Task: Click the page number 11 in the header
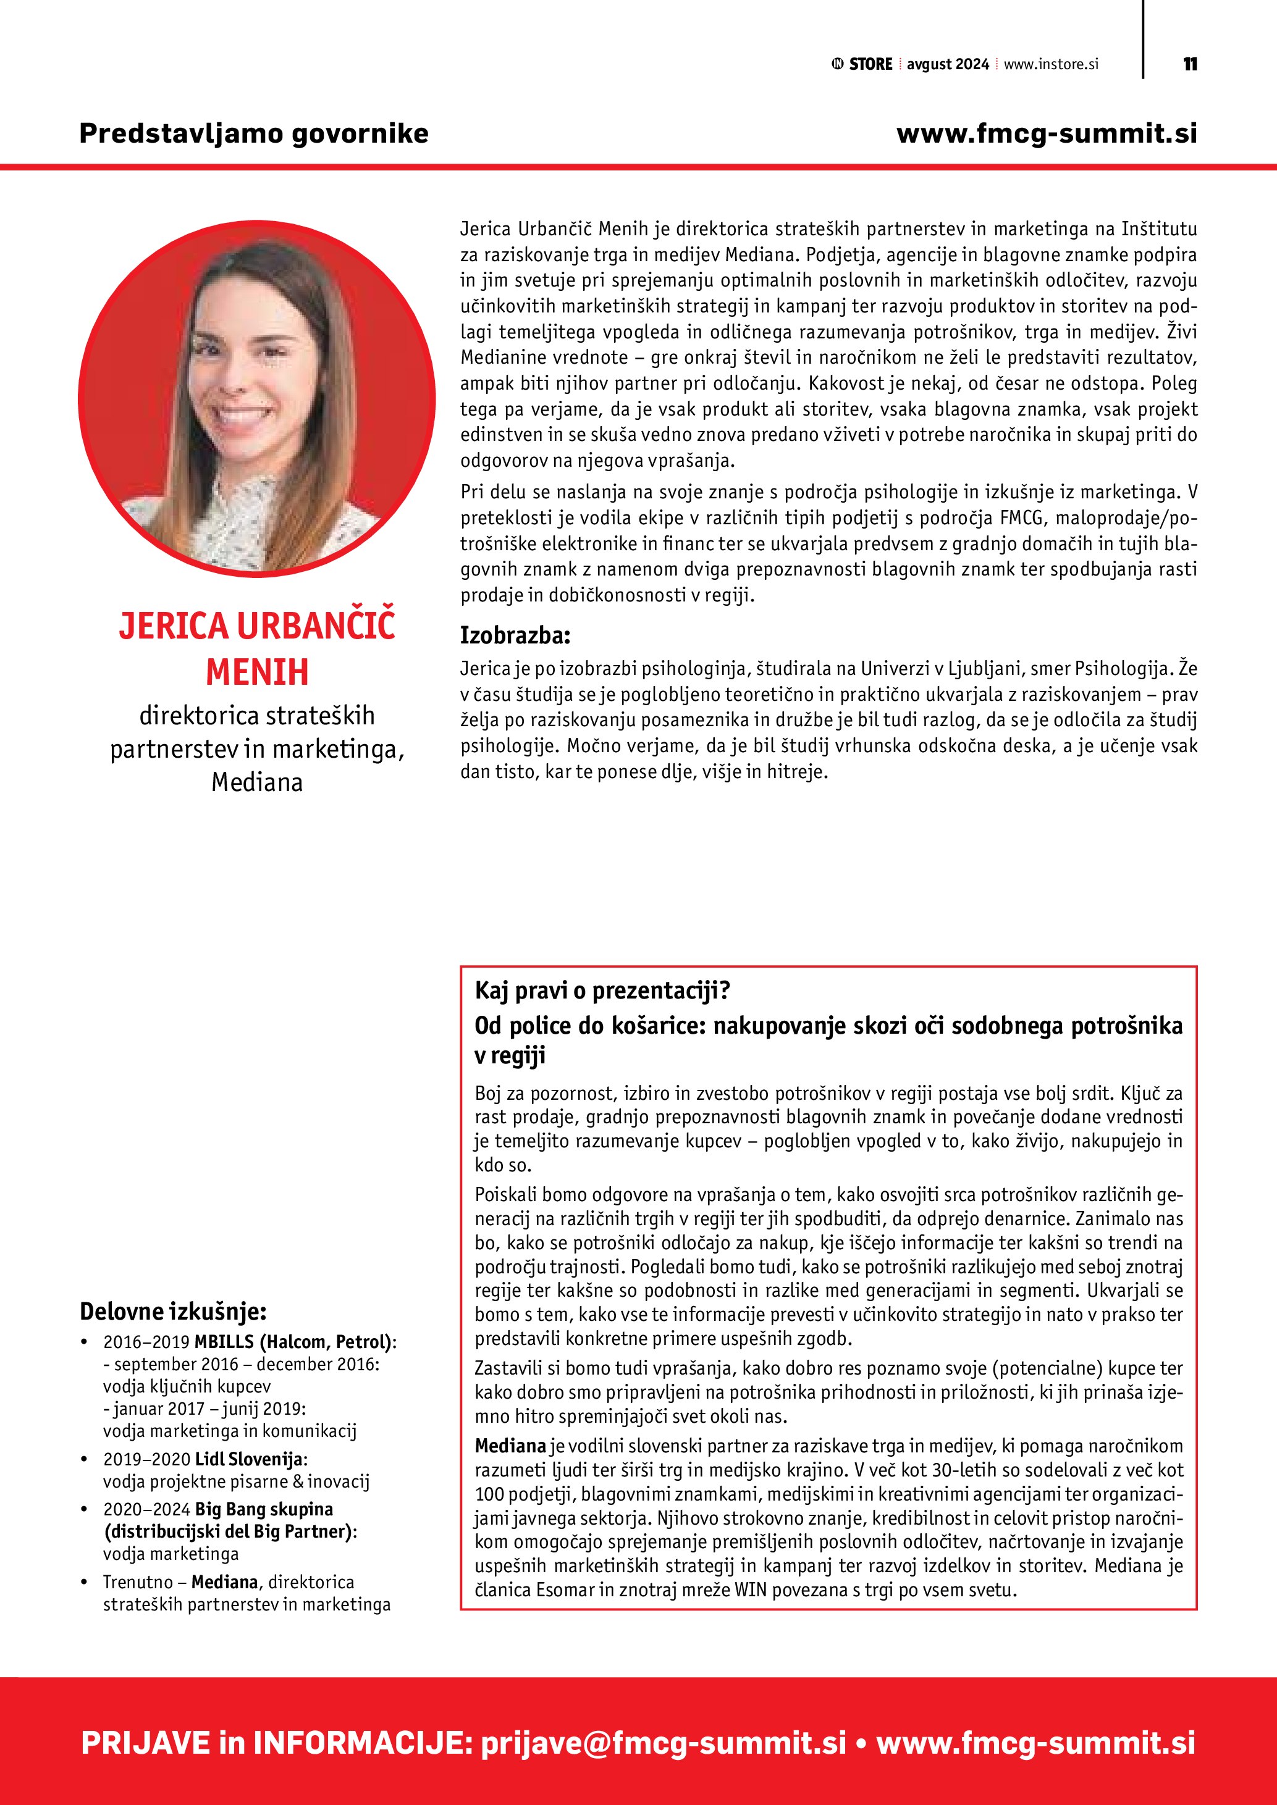(x=1190, y=64)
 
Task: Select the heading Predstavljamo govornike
(x=254, y=133)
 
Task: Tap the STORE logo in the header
(x=862, y=64)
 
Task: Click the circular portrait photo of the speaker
(x=256, y=398)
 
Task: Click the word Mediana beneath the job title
(x=257, y=782)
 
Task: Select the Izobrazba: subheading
(x=515, y=635)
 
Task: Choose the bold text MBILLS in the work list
(x=224, y=1342)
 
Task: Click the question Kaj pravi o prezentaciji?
(x=602, y=990)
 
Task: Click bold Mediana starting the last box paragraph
(x=510, y=1445)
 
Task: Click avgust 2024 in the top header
(x=948, y=64)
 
